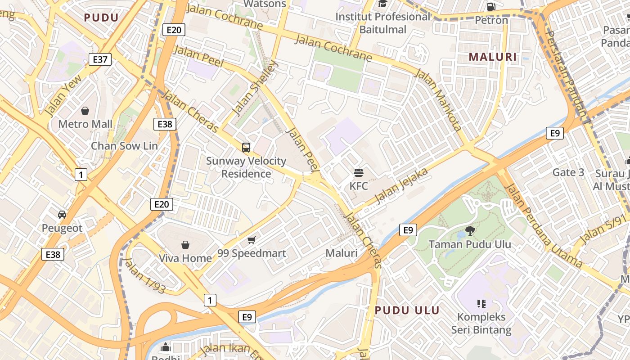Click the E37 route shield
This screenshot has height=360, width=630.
pyautogui.click(x=100, y=59)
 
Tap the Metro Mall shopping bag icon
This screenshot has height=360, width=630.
pyautogui.click(x=85, y=111)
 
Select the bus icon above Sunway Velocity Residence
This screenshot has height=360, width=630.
pyautogui.click(x=246, y=147)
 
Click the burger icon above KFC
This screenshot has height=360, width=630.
pyautogui.click(x=359, y=172)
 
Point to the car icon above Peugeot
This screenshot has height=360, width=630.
pyautogui.click(x=62, y=215)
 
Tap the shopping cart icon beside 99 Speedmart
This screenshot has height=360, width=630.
pyautogui.click(x=252, y=240)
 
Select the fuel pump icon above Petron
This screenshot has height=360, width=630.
pyautogui.click(x=491, y=7)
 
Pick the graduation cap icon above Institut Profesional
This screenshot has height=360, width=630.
pyautogui.click(x=383, y=4)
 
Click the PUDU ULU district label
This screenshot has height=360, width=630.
pyautogui.click(x=407, y=310)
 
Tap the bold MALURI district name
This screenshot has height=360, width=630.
pyautogui.click(x=493, y=57)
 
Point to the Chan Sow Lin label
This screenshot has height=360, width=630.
pyautogui.click(x=124, y=146)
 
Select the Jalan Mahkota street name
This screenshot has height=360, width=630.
pyautogui.click(x=438, y=100)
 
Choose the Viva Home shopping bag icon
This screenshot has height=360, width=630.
pyautogui.click(x=185, y=245)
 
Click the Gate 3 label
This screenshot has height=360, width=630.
pyautogui.click(x=568, y=172)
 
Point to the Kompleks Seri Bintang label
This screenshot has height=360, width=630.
pyautogui.click(x=481, y=323)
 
